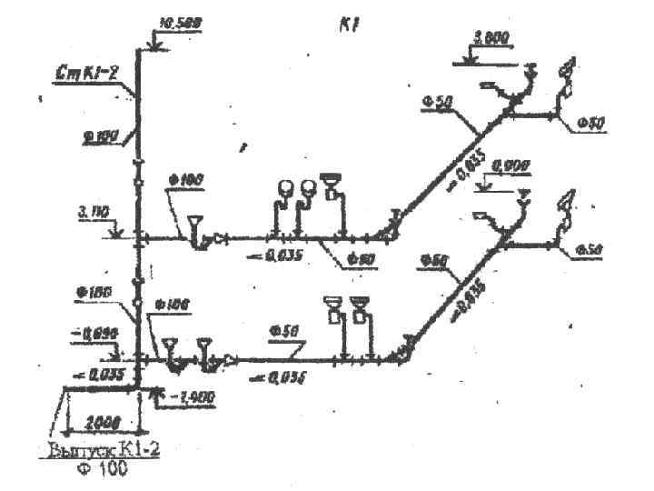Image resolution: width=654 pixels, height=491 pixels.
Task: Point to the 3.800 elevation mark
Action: pos(490,37)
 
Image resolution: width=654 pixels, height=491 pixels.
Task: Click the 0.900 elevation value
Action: pos(510,165)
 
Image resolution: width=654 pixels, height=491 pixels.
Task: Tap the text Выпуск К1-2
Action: pos(111,450)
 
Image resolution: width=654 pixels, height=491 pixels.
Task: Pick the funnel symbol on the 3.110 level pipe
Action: pos(194,224)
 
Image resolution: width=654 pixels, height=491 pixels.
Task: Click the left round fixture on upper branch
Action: pos(284,187)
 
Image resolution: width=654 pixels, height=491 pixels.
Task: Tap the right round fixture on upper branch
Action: pos(309,187)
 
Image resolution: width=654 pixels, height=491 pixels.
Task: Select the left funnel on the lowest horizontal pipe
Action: pos(168,346)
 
